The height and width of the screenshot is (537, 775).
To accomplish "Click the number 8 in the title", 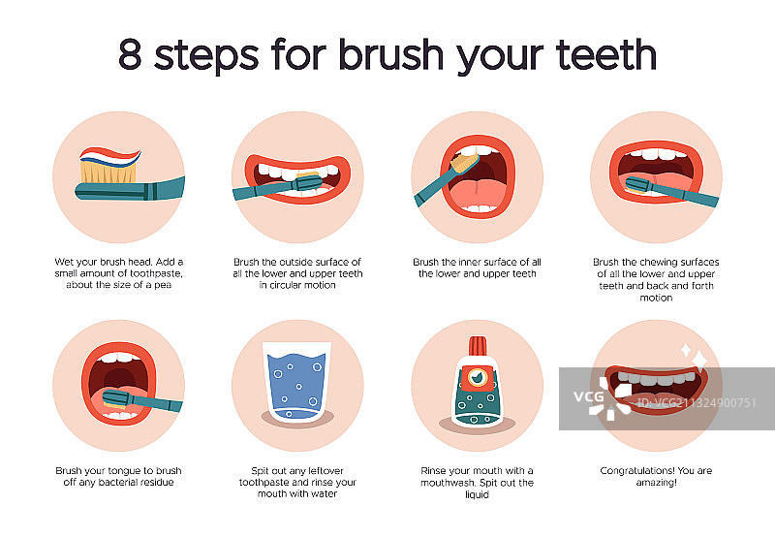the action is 130,54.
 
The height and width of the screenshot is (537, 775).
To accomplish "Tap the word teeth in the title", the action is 606,54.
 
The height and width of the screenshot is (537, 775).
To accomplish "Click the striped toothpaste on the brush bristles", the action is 109,156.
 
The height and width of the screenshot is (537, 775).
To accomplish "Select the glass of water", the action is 297,382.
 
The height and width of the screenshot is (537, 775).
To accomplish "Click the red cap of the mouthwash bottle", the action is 478,346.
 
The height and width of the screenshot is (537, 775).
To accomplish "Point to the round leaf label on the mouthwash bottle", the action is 478,378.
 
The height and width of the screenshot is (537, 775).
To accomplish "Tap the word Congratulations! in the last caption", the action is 637,471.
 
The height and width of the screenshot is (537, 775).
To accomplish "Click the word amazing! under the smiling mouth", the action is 657,483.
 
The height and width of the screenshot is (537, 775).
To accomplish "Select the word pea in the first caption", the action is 163,285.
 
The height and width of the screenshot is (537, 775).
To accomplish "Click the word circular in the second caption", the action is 284,285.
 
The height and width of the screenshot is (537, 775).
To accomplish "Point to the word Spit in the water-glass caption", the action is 260,471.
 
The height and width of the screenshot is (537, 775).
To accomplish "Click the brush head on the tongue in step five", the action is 115,399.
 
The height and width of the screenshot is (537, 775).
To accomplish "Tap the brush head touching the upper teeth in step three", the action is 465,163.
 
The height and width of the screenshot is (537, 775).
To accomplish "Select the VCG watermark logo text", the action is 589,396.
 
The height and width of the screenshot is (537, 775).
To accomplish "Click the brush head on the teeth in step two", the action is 307,183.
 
